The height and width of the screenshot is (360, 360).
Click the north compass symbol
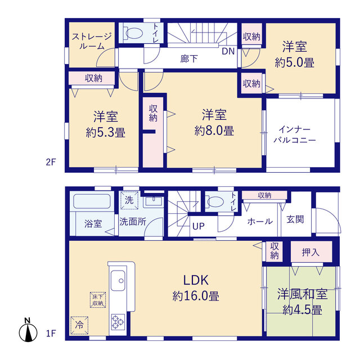28,330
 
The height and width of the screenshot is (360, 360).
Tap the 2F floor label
51,163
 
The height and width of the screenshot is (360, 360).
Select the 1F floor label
51,334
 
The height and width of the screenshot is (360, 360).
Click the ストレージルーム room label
92,41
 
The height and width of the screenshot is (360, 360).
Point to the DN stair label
228,51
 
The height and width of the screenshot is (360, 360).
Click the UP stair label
199,226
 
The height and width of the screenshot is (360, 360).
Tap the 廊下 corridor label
189,58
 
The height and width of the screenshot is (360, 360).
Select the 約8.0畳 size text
214,131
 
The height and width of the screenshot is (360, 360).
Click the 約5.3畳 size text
106,133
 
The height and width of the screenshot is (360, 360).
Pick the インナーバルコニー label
295,135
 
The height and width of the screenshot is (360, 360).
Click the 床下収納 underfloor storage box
98,300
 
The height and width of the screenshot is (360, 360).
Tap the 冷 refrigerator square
79,325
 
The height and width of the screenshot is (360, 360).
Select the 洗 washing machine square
129,200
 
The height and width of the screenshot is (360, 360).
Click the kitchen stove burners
118,322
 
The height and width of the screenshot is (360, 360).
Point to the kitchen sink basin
118,280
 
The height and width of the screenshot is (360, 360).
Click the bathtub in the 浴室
92,201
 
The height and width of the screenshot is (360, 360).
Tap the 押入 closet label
310,253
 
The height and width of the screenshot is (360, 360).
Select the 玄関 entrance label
295,219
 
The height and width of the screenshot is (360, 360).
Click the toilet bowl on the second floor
133,33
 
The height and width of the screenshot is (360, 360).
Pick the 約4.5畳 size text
303,310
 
